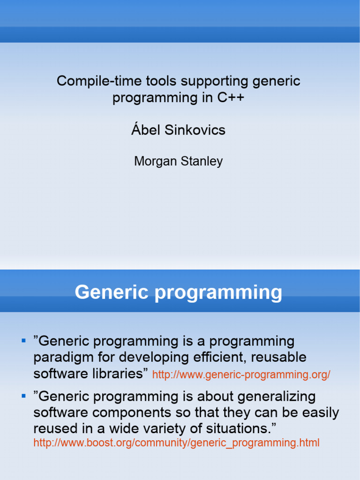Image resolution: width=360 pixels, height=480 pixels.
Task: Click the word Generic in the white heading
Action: click(x=112, y=292)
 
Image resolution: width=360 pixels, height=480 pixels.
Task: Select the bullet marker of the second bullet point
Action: click(x=23, y=396)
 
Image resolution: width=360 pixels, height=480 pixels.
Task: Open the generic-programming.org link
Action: click(x=241, y=375)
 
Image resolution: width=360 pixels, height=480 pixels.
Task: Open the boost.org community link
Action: click(x=176, y=442)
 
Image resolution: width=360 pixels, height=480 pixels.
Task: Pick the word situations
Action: click(x=241, y=429)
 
